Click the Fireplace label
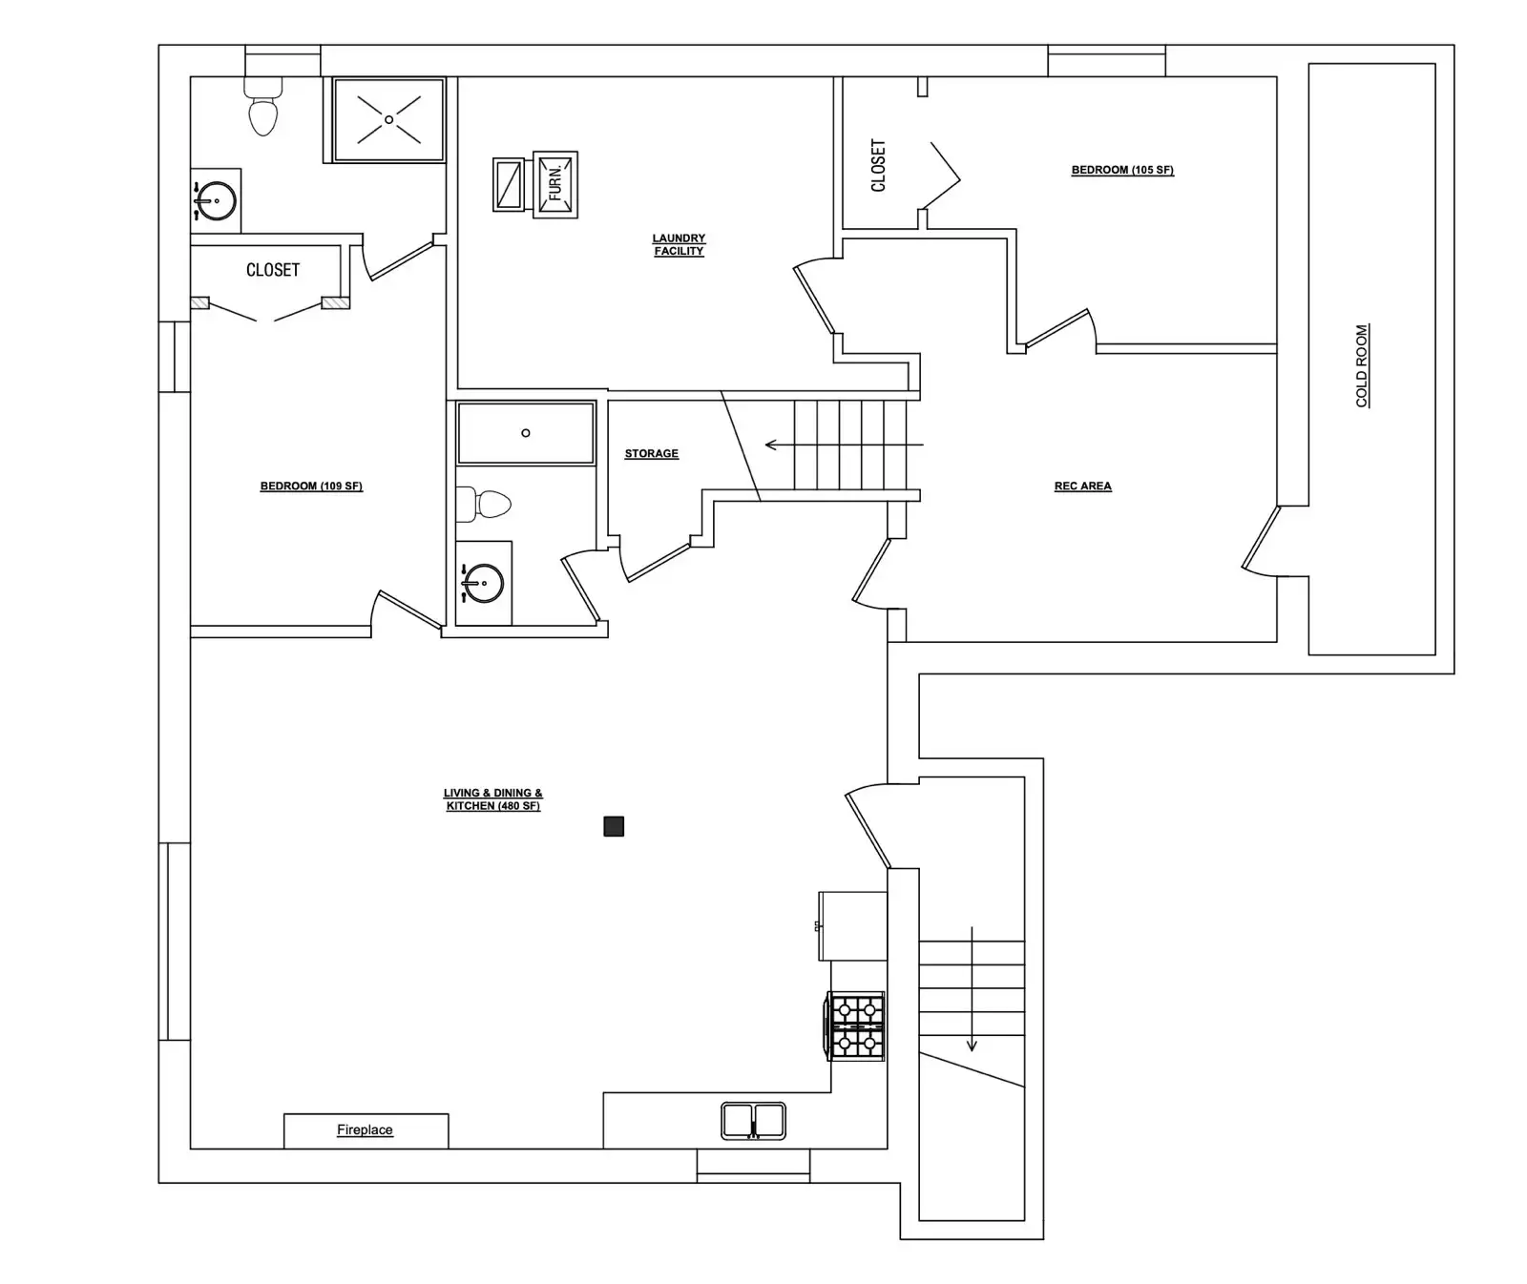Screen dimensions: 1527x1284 (365, 1129)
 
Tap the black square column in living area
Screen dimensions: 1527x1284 (614, 826)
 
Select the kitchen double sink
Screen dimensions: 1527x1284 (753, 1121)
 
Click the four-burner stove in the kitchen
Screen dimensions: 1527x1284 (855, 1026)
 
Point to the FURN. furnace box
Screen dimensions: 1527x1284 (555, 184)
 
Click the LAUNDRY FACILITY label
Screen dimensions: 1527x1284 (679, 245)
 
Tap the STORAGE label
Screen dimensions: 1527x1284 (652, 453)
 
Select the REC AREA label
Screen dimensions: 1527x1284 (1083, 486)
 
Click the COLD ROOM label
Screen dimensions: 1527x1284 (1362, 366)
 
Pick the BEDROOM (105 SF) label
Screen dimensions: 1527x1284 (1122, 170)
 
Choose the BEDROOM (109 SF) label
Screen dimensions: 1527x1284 (311, 486)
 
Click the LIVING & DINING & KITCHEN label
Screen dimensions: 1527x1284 (492, 799)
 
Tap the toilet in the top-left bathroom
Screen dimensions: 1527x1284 (263, 106)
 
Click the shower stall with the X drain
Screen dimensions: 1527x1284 (388, 119)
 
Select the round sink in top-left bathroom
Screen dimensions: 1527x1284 (217, 201)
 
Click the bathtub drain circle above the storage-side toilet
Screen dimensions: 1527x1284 (526, 433)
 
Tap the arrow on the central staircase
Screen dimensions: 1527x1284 (845, 445)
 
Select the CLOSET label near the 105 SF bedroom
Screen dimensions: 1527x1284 (879, 165)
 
